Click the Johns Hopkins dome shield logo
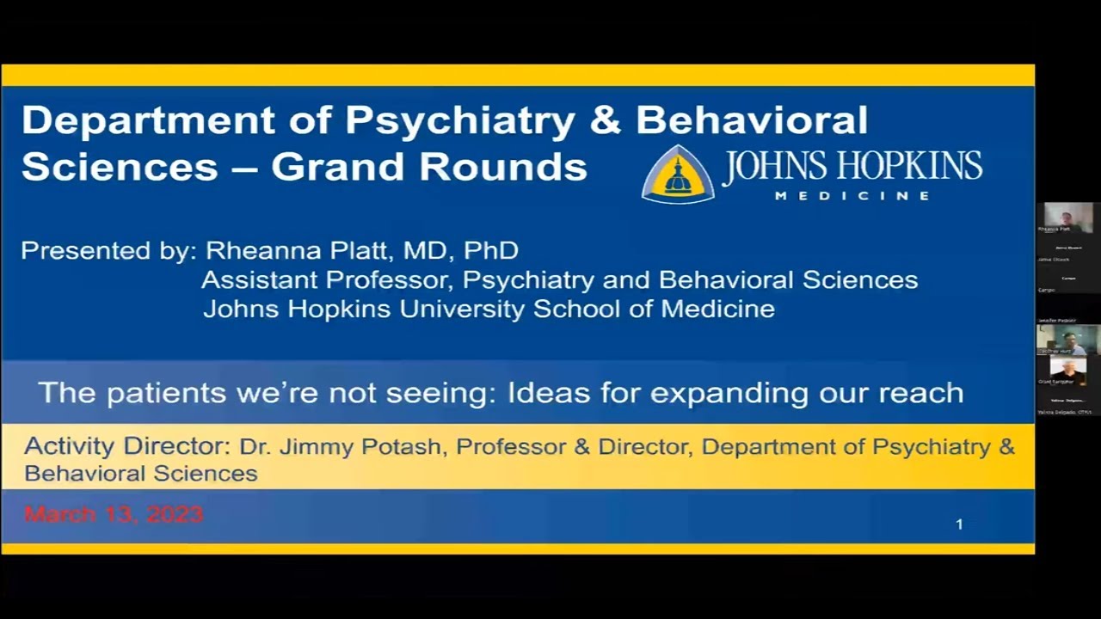pyautogui.click(x=678, y=174)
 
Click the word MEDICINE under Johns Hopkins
pyautogui.click(x=852, y=195)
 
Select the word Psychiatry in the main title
pyautogui.click(x=459, y=120)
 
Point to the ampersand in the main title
pyautogui.click(x=606, y=120)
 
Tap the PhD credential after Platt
pyautogui.click(x=491, y=251)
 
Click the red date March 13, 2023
pyautogui.click(x=114, y=514)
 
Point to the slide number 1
pyautogui.click(x=959, y=524)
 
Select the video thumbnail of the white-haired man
pyautogui.click(x=1067, y=371)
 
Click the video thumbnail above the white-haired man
pyautogui.click(x=1067, y=339)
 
